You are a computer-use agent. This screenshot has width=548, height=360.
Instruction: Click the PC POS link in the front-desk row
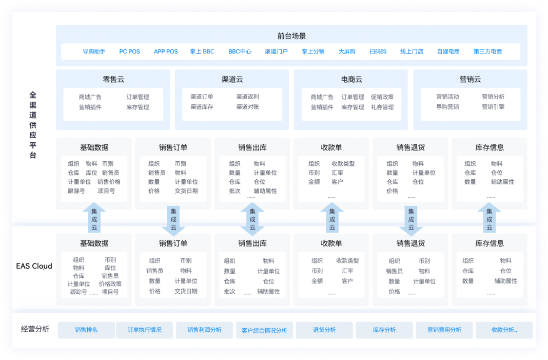point(129,51)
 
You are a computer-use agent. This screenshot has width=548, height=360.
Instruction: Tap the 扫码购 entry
point(378,51)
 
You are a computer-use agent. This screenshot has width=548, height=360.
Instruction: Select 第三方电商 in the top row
point(487,51)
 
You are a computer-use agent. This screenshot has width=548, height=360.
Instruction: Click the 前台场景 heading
point(291,36)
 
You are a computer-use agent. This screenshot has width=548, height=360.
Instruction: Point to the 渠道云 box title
point(232,80)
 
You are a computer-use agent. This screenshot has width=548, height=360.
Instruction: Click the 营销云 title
point(470,80)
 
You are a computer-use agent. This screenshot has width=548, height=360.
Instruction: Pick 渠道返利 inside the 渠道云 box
point(247,97)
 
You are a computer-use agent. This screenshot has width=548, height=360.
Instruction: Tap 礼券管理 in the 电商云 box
point(382,107)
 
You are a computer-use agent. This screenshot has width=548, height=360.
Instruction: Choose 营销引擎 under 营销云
point(493,107)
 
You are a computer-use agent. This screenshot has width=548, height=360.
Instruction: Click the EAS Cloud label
point(34,266)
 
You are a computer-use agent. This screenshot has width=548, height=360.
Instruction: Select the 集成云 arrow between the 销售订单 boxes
point(173,220)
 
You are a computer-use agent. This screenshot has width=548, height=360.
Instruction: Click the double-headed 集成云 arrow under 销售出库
point(252,219)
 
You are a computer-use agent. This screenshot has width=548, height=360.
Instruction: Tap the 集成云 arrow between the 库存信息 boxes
point(490,218)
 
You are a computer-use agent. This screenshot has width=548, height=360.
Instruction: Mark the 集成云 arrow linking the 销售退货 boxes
point(411,220)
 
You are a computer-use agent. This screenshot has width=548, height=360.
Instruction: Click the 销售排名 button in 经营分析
point(86,330)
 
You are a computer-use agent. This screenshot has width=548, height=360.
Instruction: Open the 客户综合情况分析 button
point(264,330)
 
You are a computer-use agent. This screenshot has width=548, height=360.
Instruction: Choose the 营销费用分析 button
point(444,330)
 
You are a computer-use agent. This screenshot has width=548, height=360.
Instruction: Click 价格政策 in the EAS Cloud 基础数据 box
point(110,283)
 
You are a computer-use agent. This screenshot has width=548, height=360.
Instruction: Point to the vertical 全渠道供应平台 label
point(33,125)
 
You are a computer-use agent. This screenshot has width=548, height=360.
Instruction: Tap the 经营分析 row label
point(35,329)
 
